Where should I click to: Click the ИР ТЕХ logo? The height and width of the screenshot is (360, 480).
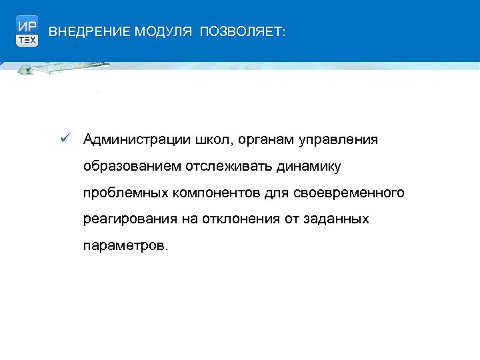click(27, 31)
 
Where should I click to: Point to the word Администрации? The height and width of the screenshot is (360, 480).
click(136, 139)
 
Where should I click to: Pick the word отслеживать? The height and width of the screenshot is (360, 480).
click(223, 166)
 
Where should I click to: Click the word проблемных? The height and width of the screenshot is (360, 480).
click(125, 193)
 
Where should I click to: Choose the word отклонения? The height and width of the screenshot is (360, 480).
click(231, 219)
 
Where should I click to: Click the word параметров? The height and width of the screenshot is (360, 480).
click(125, 246)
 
